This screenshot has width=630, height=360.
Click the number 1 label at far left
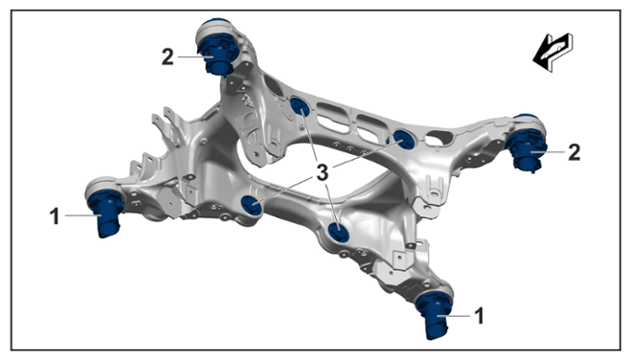[x=55, y=216]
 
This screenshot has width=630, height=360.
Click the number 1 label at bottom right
[x=480, y=316]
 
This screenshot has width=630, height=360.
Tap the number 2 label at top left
[x=168, y=56]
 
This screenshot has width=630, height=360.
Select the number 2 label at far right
[x=574, y=152]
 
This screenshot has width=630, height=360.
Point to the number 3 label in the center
[x=323, y=172]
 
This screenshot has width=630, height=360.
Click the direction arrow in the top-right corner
[x=552, y=53]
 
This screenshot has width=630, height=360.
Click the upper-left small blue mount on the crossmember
[x=300, y=107]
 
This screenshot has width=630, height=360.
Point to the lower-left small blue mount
[x=252, y=205]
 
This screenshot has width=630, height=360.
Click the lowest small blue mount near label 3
[x=338, y=233]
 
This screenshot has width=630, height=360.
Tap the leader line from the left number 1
[x=83, y=215]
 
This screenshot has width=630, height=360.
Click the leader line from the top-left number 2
[x=195, y=56]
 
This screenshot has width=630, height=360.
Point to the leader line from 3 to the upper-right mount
[x=367, y=153]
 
